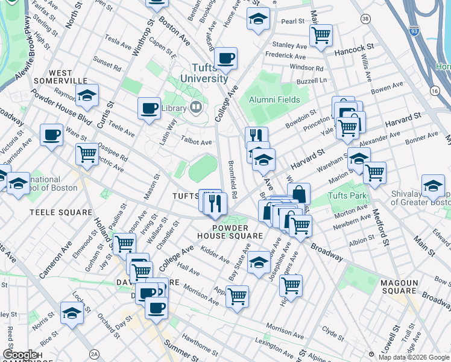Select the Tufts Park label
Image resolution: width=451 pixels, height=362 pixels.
coord(346,196)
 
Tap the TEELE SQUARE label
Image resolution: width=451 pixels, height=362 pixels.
coord(61,212)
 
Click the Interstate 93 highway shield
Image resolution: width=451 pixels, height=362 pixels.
coord(414,30)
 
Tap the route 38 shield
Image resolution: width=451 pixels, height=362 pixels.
coord(365,19)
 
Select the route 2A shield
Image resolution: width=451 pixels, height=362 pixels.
coord(94,354)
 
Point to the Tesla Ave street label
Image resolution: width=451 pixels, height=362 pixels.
coord(118,44)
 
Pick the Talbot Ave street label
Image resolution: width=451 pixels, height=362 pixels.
coord(197,142)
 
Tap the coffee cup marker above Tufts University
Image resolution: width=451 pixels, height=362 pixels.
coord(226,59)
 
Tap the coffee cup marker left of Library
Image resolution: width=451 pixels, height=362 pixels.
coord(149,109)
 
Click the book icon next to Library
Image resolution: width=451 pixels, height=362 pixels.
coord(195,109)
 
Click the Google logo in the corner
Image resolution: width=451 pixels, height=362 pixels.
coord(20,355)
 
